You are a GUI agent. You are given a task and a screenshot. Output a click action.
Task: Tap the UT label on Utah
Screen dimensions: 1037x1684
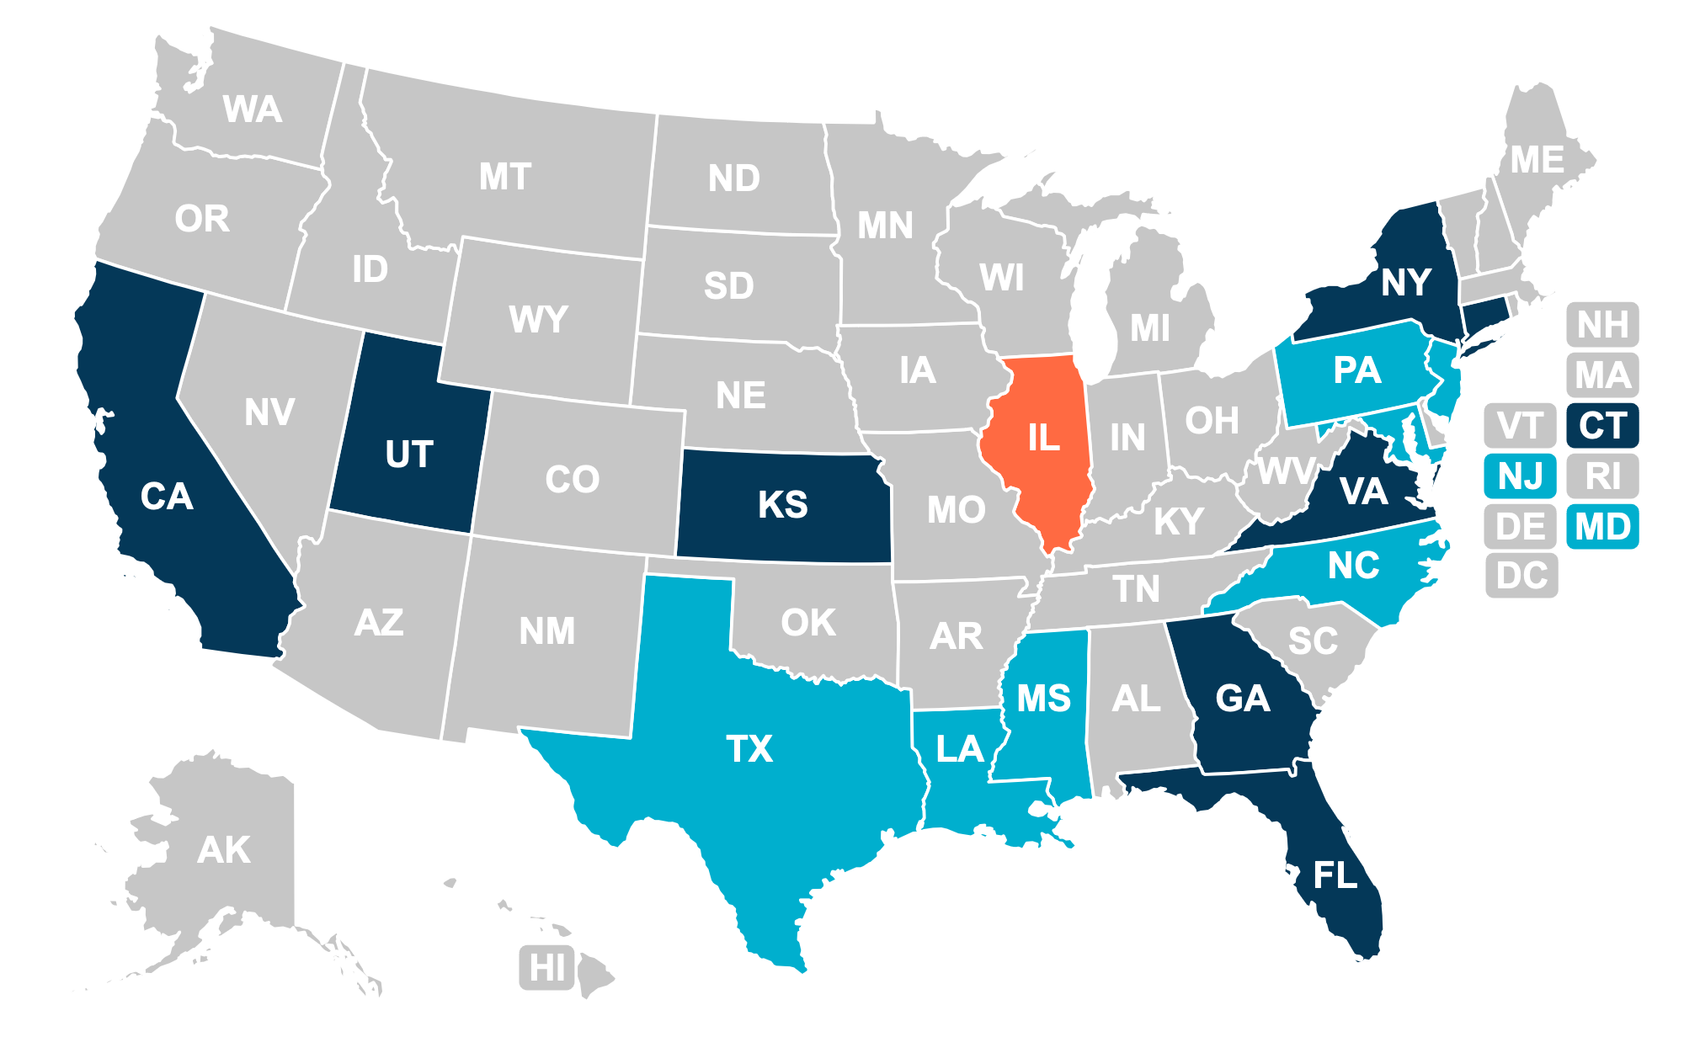pos(409,455)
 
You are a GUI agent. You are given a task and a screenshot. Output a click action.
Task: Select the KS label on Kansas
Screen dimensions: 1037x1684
pos(782,505)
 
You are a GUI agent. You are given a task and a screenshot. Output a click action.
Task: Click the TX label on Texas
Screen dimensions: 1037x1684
pos(749,749)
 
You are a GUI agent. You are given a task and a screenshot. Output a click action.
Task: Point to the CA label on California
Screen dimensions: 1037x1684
pos(167,497)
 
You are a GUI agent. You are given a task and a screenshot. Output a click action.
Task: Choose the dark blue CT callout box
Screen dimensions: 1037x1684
pos(1602,426)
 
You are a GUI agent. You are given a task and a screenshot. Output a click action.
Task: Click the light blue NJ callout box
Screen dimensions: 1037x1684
pos(1521,476)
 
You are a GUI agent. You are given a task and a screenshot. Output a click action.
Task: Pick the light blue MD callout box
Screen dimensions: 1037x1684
pos(1602,527)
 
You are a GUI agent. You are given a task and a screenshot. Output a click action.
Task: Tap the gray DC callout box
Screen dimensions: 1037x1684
pos(1521,577)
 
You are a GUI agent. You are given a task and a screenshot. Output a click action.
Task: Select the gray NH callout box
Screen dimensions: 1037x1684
pos(1602,325)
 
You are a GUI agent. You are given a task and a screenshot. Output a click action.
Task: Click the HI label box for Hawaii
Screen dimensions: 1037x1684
pos(547,967)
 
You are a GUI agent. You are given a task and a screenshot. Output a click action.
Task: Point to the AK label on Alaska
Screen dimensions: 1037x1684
pos(224,850)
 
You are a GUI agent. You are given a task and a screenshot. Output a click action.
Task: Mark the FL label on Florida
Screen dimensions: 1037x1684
pos(1335,875)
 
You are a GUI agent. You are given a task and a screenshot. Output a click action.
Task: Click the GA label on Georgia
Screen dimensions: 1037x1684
pos(1242,699)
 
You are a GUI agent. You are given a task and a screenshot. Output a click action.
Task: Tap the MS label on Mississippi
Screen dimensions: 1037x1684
pos(1043,699)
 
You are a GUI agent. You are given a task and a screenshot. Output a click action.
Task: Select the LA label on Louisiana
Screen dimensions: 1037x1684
pos(960,749)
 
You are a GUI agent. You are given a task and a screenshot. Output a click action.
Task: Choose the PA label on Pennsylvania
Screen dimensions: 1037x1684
pos(1356,370)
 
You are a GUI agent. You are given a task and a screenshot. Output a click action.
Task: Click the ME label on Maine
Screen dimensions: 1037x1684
pos(1537,160)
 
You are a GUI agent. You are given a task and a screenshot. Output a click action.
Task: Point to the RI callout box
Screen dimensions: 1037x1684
pos(1602,476)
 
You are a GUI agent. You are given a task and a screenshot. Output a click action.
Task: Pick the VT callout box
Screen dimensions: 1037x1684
pos(1521,426)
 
